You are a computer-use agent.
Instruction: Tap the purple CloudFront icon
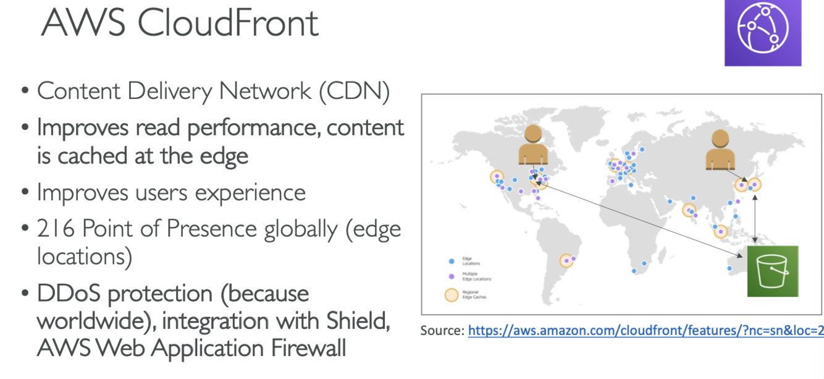pyautogui.click(x=763, y=33)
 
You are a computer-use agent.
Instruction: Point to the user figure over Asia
pyautogui.click(x=720, y=150)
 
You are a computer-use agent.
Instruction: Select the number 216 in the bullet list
pyautogui.click(x=56, y=229)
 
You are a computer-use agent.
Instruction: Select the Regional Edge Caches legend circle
pyautogui.click(x=452, y=295)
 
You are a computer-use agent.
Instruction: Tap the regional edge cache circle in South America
pyautogui.click(x=566, y=261)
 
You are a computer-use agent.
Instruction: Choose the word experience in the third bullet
pyautogui.click(x=250, y=192)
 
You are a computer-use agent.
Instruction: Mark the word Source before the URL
pyautogui.click(x=442, y=331)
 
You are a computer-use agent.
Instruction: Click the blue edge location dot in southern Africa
pyautogui.click(x=634, y=271)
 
